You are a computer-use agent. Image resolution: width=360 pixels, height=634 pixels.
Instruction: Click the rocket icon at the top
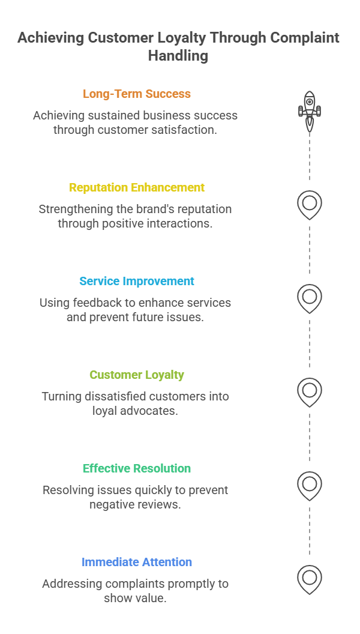(x=310, y=111)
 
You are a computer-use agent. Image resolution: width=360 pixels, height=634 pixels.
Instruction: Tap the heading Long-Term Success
(x=137, y=94)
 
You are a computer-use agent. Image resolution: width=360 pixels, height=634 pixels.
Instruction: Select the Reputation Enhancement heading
(x=137, y=187)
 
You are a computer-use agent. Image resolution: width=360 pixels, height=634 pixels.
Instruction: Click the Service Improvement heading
(x=137, y=281)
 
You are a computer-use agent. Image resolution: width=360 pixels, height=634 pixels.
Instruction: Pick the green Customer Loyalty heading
(x=137, y=375)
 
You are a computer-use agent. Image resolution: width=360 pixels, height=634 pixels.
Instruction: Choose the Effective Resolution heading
(x=137, y=468)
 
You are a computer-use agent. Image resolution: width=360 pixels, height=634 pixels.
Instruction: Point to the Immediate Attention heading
(x=137, y=562)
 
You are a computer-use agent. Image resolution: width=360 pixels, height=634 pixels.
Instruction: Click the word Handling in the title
(x=178, y=55)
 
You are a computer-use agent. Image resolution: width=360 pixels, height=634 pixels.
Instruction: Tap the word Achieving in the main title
(x=51, y=38)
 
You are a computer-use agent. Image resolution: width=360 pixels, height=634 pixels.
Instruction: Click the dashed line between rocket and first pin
(x=310, y=157)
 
